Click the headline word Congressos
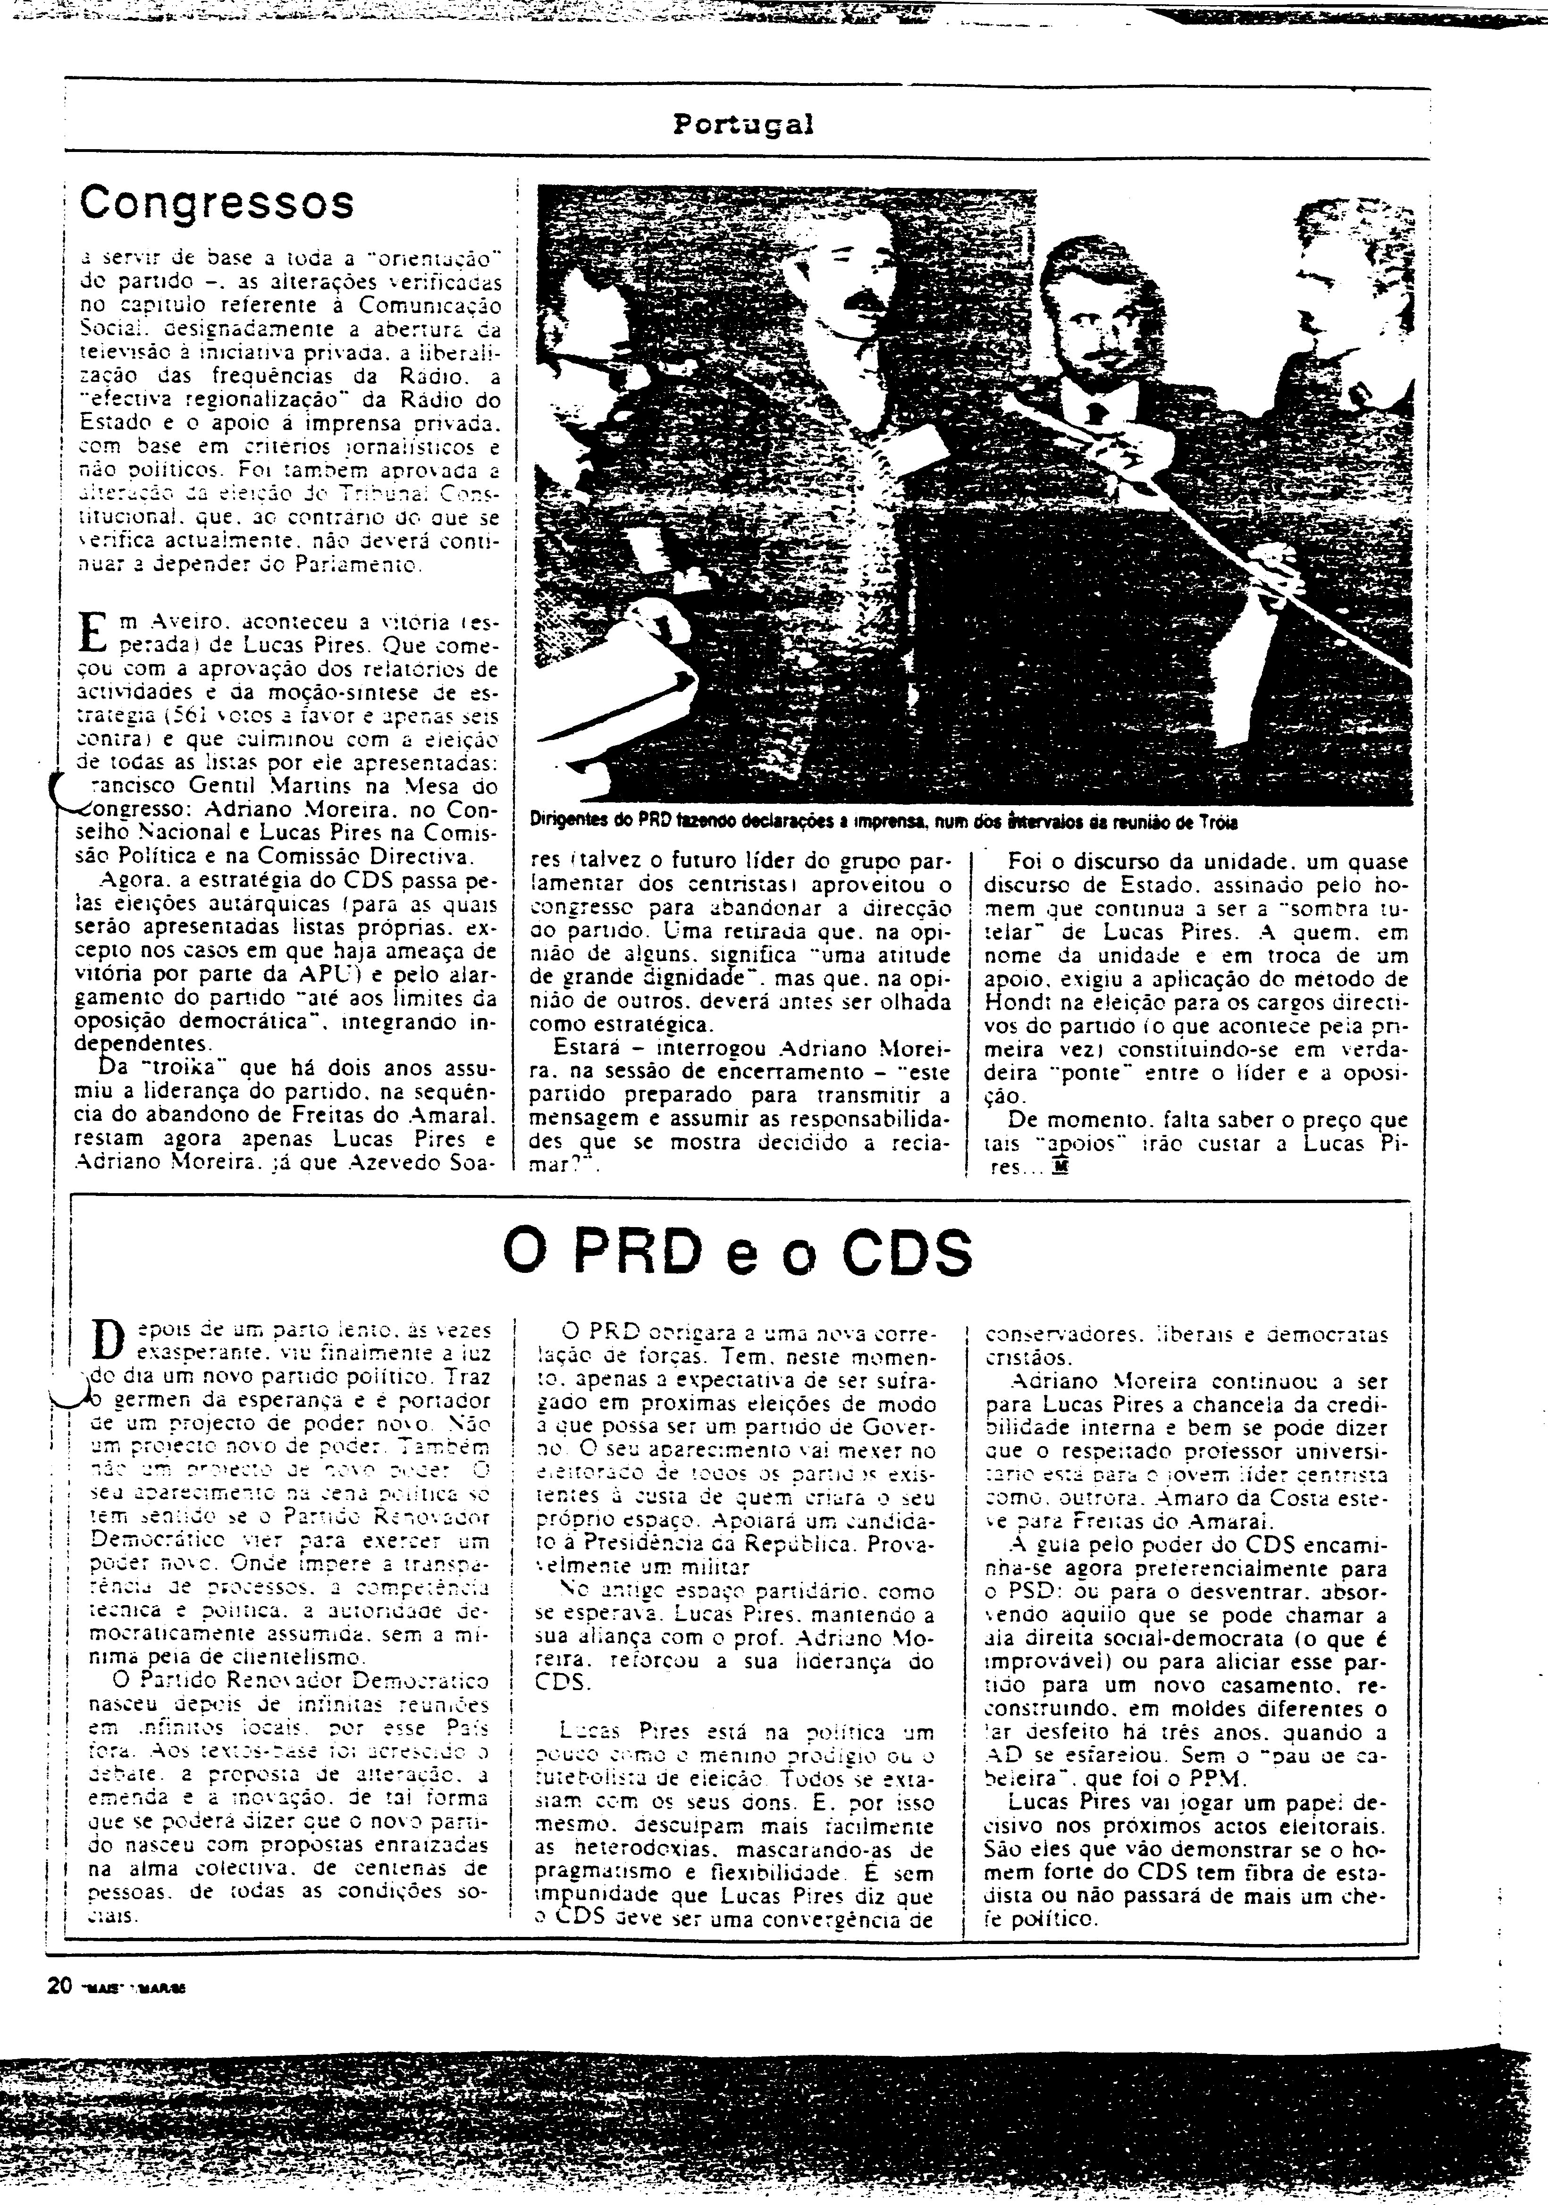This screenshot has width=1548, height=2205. (217, 202)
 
